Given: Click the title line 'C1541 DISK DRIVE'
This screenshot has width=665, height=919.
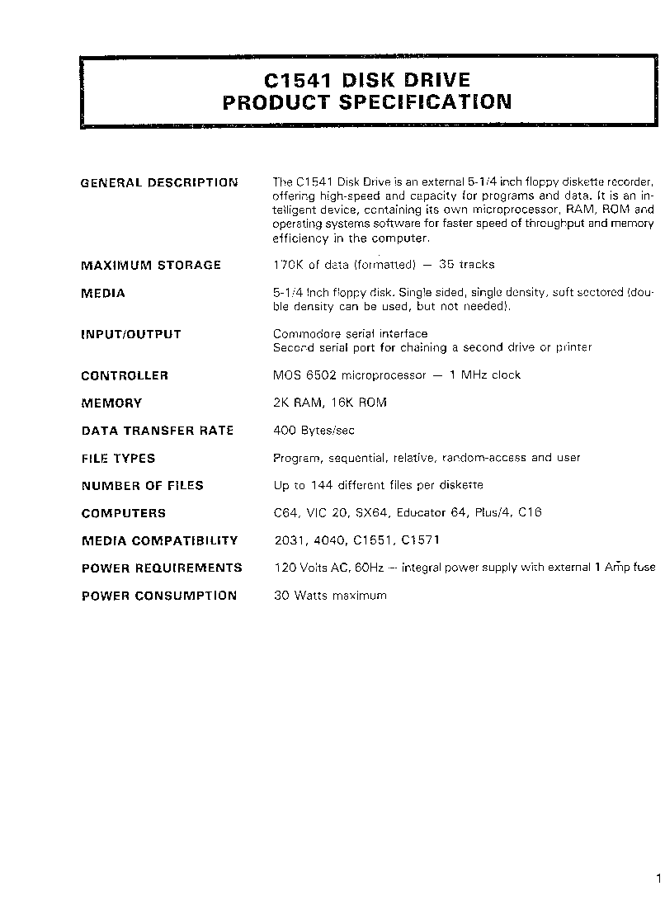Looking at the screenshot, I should [367, 80].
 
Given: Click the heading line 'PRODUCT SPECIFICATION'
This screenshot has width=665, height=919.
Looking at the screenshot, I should [367, 102].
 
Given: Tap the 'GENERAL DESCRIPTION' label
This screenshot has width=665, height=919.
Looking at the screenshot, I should [159, 182].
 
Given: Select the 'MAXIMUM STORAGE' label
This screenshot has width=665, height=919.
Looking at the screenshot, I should [151, 265].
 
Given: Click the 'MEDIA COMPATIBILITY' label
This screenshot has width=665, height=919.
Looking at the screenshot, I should [159, 540].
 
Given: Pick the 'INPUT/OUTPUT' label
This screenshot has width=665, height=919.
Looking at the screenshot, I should [130, 334].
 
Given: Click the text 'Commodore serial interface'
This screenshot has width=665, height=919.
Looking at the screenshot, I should [351, 334].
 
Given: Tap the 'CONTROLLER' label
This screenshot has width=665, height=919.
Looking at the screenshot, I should [125, 375].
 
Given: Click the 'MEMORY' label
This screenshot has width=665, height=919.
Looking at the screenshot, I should [111, 403].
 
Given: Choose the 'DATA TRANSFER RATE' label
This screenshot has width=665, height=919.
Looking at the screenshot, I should [158, 431].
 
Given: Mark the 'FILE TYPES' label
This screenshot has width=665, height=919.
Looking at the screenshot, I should [118, 458].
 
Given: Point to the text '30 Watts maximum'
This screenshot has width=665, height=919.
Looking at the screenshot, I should [330, 596].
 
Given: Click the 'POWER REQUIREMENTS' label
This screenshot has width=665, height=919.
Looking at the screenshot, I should [162, 568].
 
